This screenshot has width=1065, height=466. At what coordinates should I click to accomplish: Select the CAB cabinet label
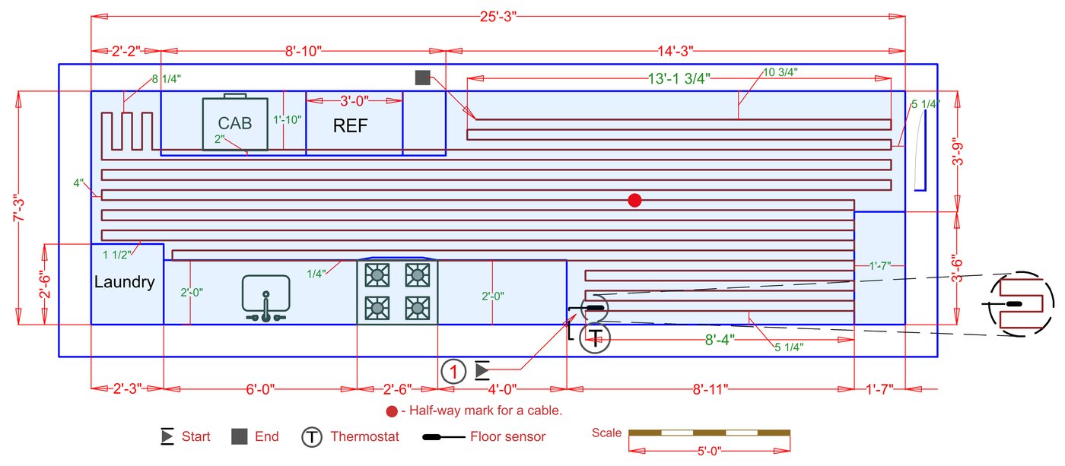tap(235, 124)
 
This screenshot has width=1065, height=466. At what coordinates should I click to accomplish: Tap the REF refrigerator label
tap(350, 126)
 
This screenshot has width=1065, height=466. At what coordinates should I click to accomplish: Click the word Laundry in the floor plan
tap(124, 283)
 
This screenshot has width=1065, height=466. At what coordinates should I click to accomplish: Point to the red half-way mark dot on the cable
tap(634, 200)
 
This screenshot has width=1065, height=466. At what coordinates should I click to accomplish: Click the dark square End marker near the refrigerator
tap(423, 77)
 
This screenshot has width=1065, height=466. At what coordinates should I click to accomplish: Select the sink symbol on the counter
tap(266, 296)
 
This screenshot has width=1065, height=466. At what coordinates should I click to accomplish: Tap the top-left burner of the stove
tap(376, 274)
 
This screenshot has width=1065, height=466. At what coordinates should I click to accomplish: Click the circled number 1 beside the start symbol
tap(453, 372)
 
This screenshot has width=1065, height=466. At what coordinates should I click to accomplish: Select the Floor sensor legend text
tap(507, 437)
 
